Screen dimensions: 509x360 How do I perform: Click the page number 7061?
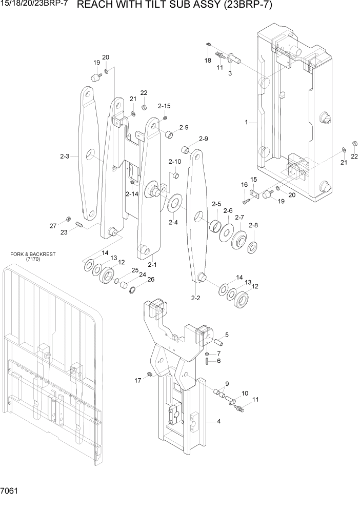(10, 491)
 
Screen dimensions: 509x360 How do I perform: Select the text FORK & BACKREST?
(33, 254)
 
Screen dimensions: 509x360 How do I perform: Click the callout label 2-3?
(64, 155)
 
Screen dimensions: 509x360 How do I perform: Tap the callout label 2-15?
(164, 106)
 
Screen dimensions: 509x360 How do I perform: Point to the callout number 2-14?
(132, 194)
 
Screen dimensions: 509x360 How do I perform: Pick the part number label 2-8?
(253, 225)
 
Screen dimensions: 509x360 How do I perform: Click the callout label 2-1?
(151, 265)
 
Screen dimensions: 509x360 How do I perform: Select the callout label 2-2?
(195, 298)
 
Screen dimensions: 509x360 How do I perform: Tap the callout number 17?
(137, 380)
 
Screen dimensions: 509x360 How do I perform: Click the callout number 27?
(53, 226)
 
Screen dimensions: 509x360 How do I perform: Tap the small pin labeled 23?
(79, 224)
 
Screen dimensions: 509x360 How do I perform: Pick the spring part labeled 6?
(206, 361)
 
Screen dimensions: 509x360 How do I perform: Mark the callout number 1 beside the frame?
(247, 123)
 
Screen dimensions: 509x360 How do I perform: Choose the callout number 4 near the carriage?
(219, 422)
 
